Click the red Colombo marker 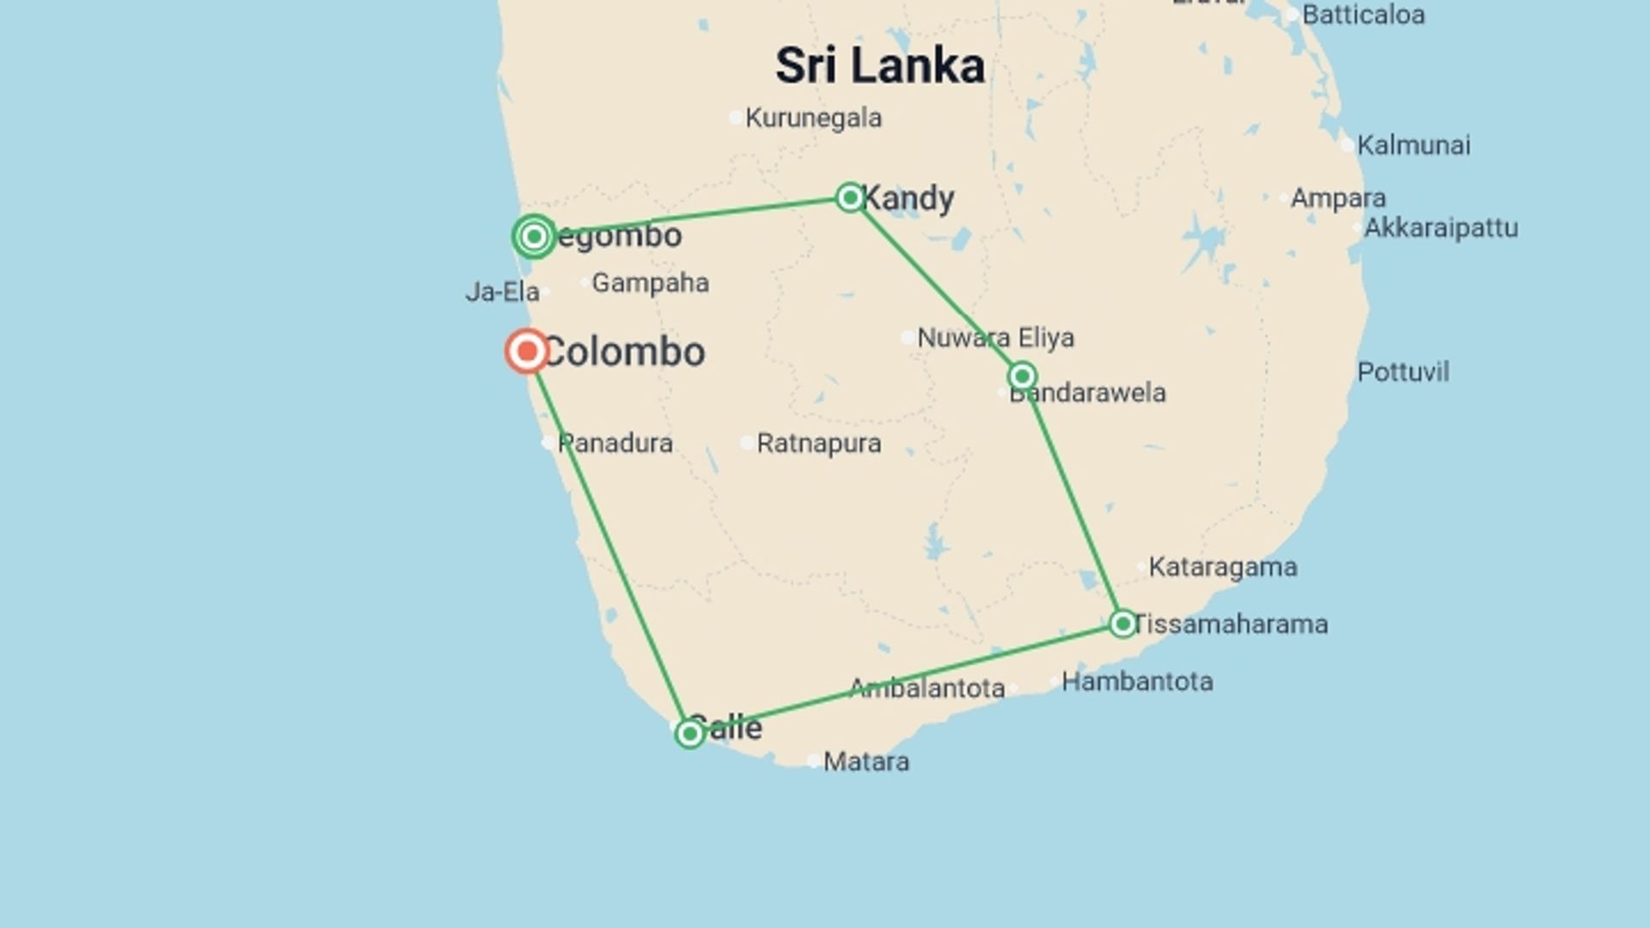pyautogui.click(x=527, y=351)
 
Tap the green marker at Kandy pyautogui.click(x=850, y=198)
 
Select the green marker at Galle pyautogui.click(x=689, y=733)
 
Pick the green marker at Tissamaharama pyautogui.click(x=1122, y=623)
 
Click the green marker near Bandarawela pyautogui.click(x=1022, y=375)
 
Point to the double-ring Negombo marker pyautogui.click(x=534, y=236)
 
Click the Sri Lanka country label pyautogui.click(x=879, y=66)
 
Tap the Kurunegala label pyautogui.click(x=813, y=118)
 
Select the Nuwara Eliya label pyautogui.click(x=995, y=338)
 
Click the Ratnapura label pyautogui.click(x=818, y=443)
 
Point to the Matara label pyautogui.click(x=865, y=761)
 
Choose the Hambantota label pyautogui.click(x=1137, y=681)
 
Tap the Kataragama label pyautogui.click(x=1222, y=567)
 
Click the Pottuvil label pyautogui.click(x=1402, y=372)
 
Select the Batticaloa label pyautogui.click(x=1363, y=15)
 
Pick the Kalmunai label pyautogui.click(x=1413, y=145)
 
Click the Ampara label pyautogui.click(x=1337, y=198)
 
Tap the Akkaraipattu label pyautogui.click(x=1440, y=228)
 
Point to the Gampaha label pyautogui.click(x=650, y=283)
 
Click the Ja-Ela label pyautogui.click(x=502, y=292)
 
